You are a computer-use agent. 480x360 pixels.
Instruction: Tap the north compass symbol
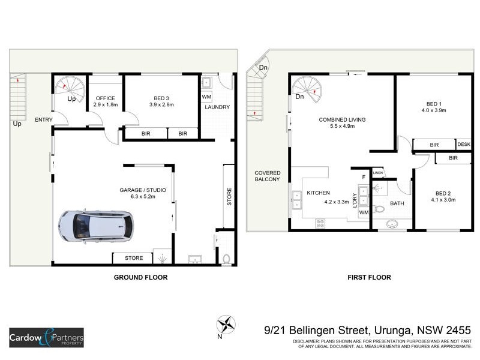point(226,325)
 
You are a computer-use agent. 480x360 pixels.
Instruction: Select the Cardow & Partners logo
point(46,338)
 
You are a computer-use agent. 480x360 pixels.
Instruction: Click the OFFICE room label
point(104,98)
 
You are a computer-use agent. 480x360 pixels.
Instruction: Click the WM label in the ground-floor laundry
point(206,97)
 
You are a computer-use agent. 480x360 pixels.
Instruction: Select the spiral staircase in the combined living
point(306,88)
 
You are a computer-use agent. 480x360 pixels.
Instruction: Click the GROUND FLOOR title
point(140,277)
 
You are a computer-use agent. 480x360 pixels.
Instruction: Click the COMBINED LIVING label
point(343,119)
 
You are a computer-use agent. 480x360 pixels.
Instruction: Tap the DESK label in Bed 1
point(464,145)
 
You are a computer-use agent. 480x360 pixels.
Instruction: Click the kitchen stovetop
point(320,223)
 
